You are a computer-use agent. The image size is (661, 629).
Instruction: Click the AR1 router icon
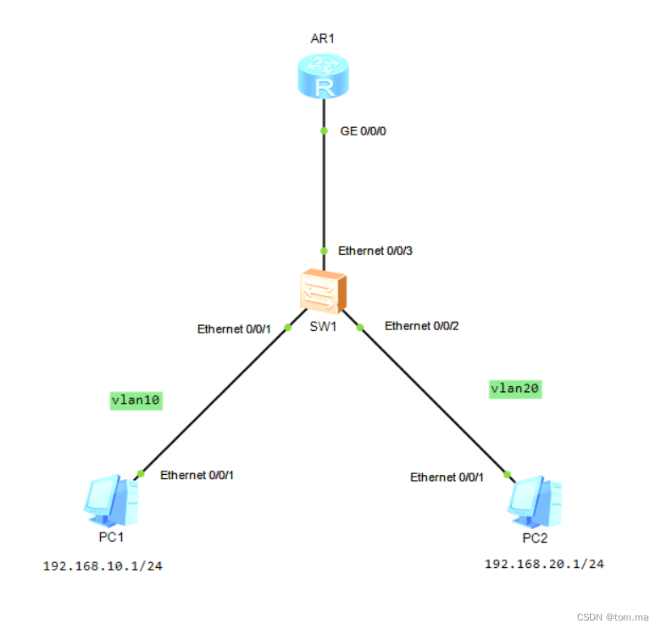[x=324, y=75]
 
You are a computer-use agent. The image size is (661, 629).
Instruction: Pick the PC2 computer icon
[x=534, y=502]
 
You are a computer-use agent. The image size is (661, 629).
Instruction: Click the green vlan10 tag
[x=136, y=400]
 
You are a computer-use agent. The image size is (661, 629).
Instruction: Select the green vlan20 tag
[x=515, y=389]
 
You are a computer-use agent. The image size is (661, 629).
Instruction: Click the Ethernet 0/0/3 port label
[x=375, y=251]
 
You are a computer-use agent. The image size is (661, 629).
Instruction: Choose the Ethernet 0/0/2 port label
[x=421, y=326]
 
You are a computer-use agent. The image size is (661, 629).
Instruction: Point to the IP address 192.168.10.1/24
[x=103, y=566]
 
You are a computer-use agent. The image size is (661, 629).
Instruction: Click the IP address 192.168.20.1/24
[x=544, y=564]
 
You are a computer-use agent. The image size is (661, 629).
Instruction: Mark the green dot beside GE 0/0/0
[x=324, y=130]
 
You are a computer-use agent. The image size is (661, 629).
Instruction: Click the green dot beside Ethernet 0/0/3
[x=324, y=251]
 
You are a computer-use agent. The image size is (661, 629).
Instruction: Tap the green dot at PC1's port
[x=141, y=473]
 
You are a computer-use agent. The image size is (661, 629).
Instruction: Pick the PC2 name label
[x=535, y=538]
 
